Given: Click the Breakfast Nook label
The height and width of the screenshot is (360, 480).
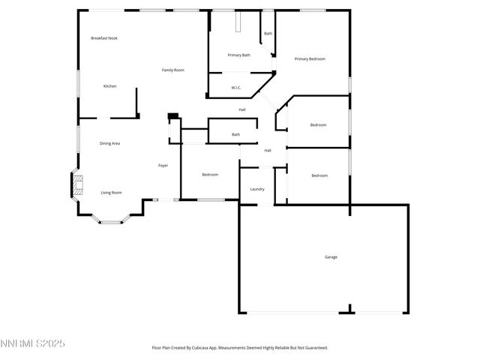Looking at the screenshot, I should coord(104,38).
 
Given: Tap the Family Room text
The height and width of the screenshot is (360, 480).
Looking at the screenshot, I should coord(173,70).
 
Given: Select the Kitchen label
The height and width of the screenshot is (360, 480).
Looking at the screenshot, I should coord(109,86).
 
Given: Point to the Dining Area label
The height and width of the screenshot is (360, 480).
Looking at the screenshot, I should coord(110,143).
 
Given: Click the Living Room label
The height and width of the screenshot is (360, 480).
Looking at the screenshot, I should coord(111,193).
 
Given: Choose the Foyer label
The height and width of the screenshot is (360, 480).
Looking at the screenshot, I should coord(163,165).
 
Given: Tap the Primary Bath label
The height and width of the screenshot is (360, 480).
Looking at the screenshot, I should coord(239,55).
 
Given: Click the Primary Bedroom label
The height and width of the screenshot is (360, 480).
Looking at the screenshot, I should coord(310,58).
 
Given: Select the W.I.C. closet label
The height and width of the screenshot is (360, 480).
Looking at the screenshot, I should coord(235,88).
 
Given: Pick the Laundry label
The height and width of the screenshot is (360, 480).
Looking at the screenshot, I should coord(256,189).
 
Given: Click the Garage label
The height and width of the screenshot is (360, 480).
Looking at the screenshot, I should coord(331,257).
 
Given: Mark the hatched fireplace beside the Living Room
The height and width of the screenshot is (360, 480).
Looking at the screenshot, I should coord(76,185).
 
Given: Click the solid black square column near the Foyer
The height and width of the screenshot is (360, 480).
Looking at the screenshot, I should coord(173,116).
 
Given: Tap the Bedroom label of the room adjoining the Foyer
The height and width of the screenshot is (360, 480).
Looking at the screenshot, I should coord(210,175).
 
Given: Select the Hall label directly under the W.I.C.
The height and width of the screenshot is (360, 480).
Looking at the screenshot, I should coord(242,109).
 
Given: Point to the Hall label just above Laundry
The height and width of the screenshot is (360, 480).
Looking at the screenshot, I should coord(267,150).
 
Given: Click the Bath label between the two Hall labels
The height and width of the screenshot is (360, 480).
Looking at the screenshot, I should coord(235,134).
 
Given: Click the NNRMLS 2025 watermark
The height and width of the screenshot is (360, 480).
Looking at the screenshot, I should coord(33,343).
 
